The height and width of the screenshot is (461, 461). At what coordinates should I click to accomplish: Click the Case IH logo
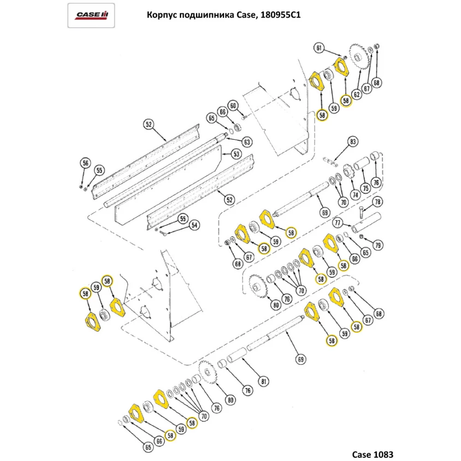(92, 16)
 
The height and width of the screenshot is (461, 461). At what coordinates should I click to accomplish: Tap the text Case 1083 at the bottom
(373, 454)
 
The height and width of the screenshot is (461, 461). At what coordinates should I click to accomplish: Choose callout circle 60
(234, 106)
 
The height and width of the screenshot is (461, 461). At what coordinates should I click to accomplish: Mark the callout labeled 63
(247, 142)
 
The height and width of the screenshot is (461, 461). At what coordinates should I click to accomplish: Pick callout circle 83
(353, 142)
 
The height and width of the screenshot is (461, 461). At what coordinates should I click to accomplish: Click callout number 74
(355, 195)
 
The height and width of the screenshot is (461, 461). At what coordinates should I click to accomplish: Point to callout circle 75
(366, 188)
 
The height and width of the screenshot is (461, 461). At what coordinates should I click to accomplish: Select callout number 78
(377, 202)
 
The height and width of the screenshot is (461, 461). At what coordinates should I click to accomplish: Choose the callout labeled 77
(338, 224)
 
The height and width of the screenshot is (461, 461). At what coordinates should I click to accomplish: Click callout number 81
(263, 381)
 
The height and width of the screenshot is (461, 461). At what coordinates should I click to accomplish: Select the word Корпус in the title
(161, 15)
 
